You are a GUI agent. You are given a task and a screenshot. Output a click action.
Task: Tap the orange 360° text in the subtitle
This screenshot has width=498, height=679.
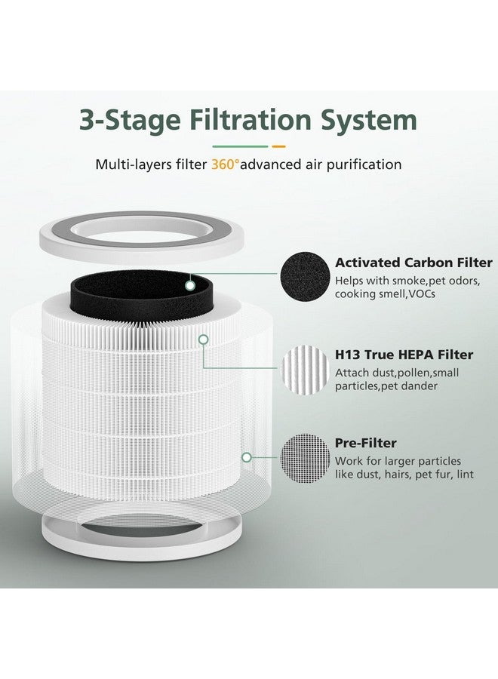224,164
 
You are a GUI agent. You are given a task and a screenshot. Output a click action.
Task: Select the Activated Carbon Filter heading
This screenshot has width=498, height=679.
413,263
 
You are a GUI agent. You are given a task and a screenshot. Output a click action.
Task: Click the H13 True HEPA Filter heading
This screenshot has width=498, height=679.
404,355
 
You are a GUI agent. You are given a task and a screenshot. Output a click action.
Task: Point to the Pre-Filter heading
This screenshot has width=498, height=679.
366,443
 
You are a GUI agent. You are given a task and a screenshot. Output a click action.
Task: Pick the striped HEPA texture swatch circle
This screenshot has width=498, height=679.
305,369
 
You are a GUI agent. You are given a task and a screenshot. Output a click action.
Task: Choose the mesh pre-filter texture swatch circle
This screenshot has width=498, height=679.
305,458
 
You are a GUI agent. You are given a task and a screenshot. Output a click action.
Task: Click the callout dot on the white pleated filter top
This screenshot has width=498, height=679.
203,339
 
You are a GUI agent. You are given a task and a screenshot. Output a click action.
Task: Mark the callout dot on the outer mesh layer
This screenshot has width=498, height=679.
245,456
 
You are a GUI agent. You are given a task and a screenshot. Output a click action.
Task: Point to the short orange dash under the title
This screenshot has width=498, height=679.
278,146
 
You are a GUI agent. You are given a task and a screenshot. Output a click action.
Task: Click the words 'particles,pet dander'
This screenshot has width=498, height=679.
383,386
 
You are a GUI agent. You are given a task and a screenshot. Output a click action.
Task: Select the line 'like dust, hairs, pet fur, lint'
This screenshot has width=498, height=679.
398,475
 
